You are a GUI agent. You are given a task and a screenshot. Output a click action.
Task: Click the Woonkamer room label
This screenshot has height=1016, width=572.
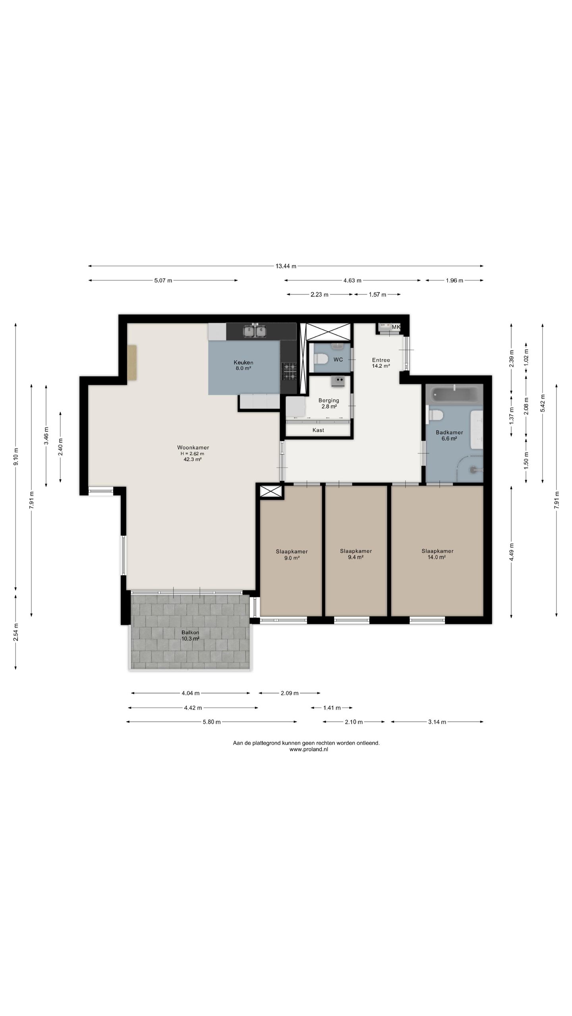click(x=193, y=447)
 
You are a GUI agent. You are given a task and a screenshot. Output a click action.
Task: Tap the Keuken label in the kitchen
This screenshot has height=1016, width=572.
click(x=243, y=362)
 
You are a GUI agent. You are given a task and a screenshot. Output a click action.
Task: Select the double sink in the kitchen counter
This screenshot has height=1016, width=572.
click(x=255, y=331)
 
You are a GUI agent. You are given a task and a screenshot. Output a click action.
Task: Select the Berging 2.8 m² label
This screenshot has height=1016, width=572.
click(x=329, y=403)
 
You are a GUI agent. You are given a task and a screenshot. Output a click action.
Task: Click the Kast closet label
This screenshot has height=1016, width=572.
click(x=318, y=430)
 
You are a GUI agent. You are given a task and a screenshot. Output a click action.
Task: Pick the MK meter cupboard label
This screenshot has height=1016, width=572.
click(x=396, y=327)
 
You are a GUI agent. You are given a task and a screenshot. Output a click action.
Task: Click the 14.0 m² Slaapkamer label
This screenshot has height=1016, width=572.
click(x=437, y=554)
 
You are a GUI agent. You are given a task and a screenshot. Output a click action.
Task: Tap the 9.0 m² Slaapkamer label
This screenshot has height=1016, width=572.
click(x=292, y=554)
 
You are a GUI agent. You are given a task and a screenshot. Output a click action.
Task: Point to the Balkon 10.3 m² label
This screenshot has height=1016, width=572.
click(x=190, y=635)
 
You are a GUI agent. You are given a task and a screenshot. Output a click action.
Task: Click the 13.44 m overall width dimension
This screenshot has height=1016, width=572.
click(x=286, y=266)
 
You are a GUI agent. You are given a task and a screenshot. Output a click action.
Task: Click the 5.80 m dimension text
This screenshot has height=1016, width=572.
click(x=212, y=722)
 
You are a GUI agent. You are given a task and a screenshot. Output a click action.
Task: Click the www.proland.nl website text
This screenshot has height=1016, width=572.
click(x=309, y=749)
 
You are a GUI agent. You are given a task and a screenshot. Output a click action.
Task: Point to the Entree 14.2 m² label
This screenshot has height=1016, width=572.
click(x=381, y=363)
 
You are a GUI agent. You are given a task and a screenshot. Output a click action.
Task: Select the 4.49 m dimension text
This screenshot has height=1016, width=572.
click(x=512, y=552)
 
